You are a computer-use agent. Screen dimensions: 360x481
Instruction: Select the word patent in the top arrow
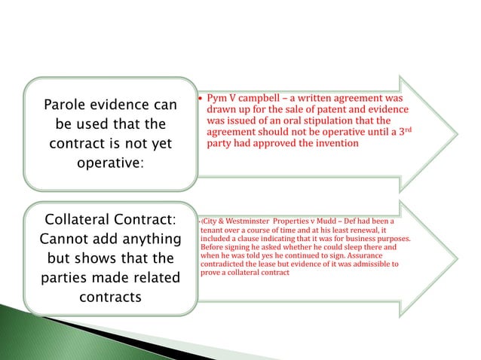[315, 110]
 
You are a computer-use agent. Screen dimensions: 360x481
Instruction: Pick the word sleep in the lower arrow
[357, 246]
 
